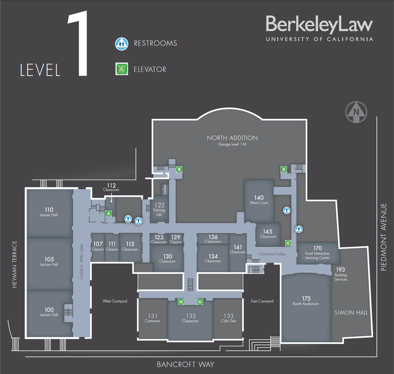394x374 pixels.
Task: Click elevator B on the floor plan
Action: [x=179, y=169]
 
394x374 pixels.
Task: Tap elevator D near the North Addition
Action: [x=284, y=169]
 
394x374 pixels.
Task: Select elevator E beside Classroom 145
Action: [x=288, y=243]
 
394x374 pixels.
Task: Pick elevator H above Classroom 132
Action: [x=181, y=302]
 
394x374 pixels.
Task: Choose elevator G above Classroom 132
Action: [x=200, y=302]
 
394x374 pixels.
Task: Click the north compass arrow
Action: [x=356, y=112]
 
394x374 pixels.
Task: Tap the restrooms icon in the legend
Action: [x=122, y=44]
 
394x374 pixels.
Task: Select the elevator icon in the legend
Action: [x=122, y=69]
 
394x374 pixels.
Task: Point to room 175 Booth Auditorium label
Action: [x=306, y=301]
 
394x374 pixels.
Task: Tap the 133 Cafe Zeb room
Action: [x=228, y=318]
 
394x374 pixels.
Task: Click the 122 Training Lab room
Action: [x=159, y=210]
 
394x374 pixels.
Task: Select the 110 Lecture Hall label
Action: [x=49, y=211]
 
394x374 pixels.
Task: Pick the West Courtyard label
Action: [x=115, y=301]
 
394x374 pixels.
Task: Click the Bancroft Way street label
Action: [x=185, y=365]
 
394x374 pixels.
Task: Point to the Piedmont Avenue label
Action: [x=383, y=237]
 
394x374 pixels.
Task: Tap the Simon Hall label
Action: [x=351, y=313]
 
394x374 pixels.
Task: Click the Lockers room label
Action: [x=165, y=190]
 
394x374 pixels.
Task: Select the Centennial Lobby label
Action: [x=272, y=254]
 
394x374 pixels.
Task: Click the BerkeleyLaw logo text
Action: [x=320, y=24]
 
